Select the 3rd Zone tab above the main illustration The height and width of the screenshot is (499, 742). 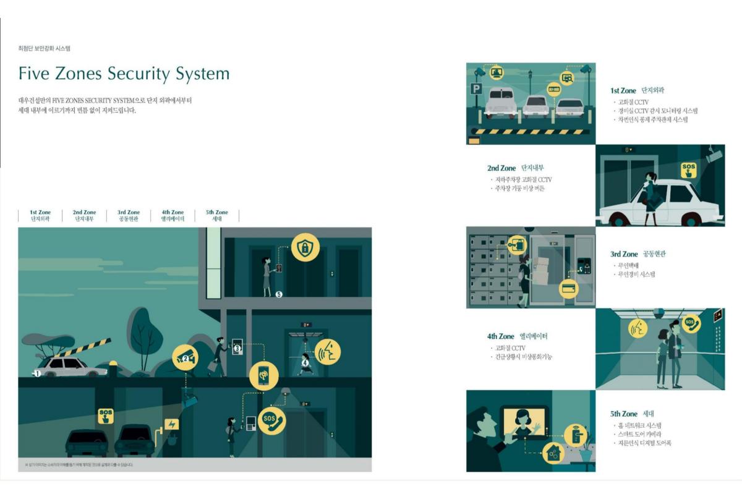[x=129, y=215]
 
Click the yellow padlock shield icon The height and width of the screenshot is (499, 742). [x=305, y=247]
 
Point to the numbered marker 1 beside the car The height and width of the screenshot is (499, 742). [x=37, y=373]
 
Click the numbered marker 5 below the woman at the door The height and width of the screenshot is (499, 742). [x=279, y=294]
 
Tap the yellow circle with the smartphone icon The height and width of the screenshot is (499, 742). [x=264, y=376]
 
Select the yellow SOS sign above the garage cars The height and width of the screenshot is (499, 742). [x=106, y=416]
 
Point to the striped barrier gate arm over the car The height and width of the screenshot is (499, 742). [x=84, y=347]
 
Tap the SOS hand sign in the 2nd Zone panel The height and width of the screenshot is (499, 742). [x=688, y=170]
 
